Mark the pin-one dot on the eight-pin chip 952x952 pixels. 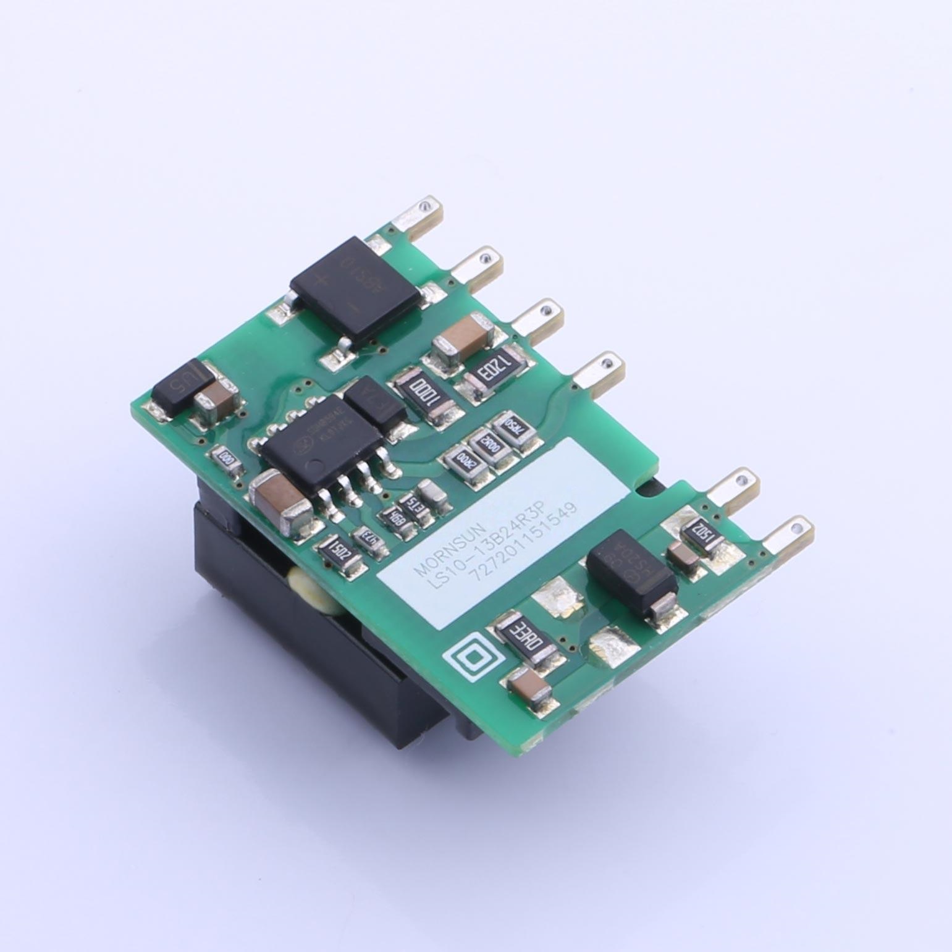tap(315, 466)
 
